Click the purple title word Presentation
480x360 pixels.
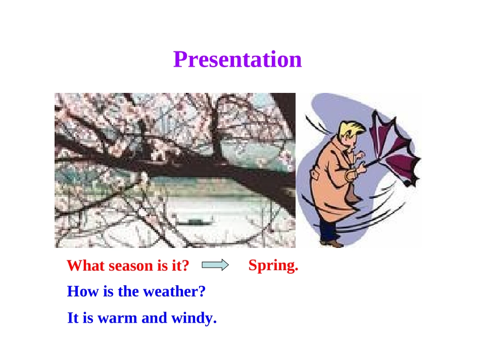coord(237,59)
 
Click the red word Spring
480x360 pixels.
coord(273,266)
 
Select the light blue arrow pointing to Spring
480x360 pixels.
coord(215,265)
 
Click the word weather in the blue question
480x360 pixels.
coord(174,291)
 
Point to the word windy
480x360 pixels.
coord(194,318)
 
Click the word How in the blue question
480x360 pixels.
coord(83,291)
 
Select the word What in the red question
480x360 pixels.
coord(86,266)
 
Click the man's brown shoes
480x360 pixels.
coord(332,243)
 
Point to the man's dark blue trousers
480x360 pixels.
coord(328,226)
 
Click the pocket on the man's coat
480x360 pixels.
coord(316,176)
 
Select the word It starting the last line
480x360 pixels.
coord(73,318)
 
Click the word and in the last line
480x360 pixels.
coord(154,318)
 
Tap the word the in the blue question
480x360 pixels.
coord(128,291)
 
